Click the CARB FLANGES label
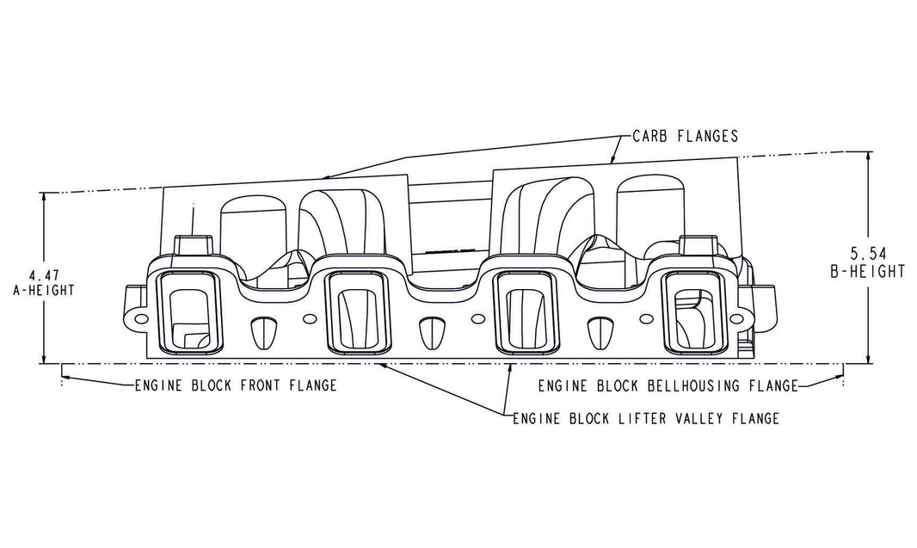point(685,136)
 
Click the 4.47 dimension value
point(41,275)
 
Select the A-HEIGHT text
point(41,290)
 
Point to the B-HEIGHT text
point(868,270)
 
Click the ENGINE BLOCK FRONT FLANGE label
point(233,385)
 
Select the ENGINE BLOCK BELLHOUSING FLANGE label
point(668,385)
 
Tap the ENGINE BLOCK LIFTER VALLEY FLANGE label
point(645,419)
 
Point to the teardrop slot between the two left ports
point(262,331)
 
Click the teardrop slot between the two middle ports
point(429,331)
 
